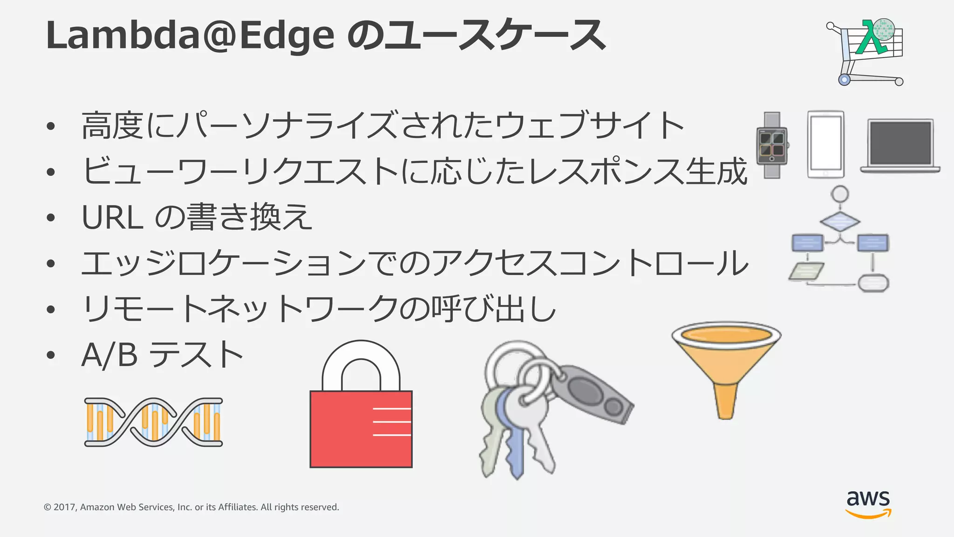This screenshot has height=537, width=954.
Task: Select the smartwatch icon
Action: pyautogui.click(x=772, y=145)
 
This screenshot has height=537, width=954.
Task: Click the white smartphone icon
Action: pyautogui.click(x=825, y=145)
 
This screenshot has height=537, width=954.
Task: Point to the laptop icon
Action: pyautogui.click(x=900, y=145)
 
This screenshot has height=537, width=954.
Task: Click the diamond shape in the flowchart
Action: pyautogui.click(x=840, y=221)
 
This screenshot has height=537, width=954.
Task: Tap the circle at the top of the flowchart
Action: pyautogui.click(x=840, y=194)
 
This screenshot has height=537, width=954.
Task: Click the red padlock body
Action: pyautogui.click(x=361, y=429)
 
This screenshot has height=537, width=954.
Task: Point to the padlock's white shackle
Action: pyautogui.click(x=361, y=364)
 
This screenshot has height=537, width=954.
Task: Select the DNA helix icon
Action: pyautogui.click(x=153, y=422)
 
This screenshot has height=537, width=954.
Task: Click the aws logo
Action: pyautogui.click(x=868, y=503)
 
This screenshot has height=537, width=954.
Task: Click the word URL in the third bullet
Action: pyautogui.click(x=112, y=218)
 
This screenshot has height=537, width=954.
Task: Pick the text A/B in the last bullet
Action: pyautogui.click(x=109, y=356)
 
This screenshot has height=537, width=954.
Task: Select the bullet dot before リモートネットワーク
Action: pyautogui.click(x=51, y=310)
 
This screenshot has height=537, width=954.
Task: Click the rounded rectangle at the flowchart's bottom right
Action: pyautogui.click(x=873, y=283)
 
